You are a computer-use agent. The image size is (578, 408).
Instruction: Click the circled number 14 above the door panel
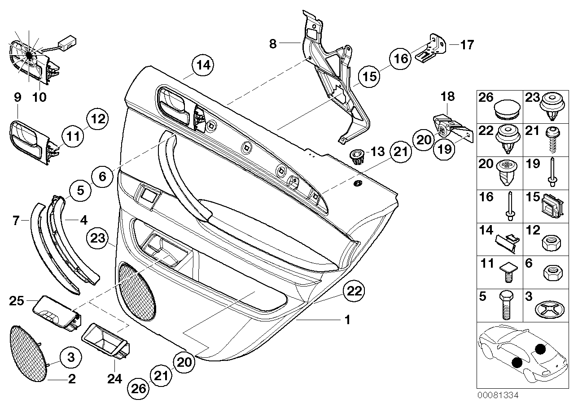[203, 65]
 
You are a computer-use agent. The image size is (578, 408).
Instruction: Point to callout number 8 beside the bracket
[273, 43]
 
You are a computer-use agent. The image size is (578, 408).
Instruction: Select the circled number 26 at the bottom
[139, 388]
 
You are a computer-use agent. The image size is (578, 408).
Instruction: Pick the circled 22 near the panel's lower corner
[354, 291]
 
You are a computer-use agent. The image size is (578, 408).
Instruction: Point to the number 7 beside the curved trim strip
[16, 220]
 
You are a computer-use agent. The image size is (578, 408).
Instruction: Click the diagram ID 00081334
[498, 395]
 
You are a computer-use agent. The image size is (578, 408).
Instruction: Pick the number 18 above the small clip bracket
[447, 96]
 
